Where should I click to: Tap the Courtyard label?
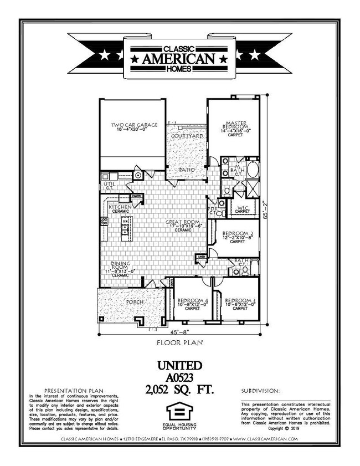coord(186,136)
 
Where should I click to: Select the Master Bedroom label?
coord(233,125)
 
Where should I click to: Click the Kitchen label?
coord(120,207)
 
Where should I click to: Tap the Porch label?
coord(135,302)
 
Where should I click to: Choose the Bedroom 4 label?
coord(192,301)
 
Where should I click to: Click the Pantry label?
coord(138,196)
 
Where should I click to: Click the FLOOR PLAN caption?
coord(179,344)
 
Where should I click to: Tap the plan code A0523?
coord(180,377)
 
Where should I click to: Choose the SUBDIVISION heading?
coord(260,391)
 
